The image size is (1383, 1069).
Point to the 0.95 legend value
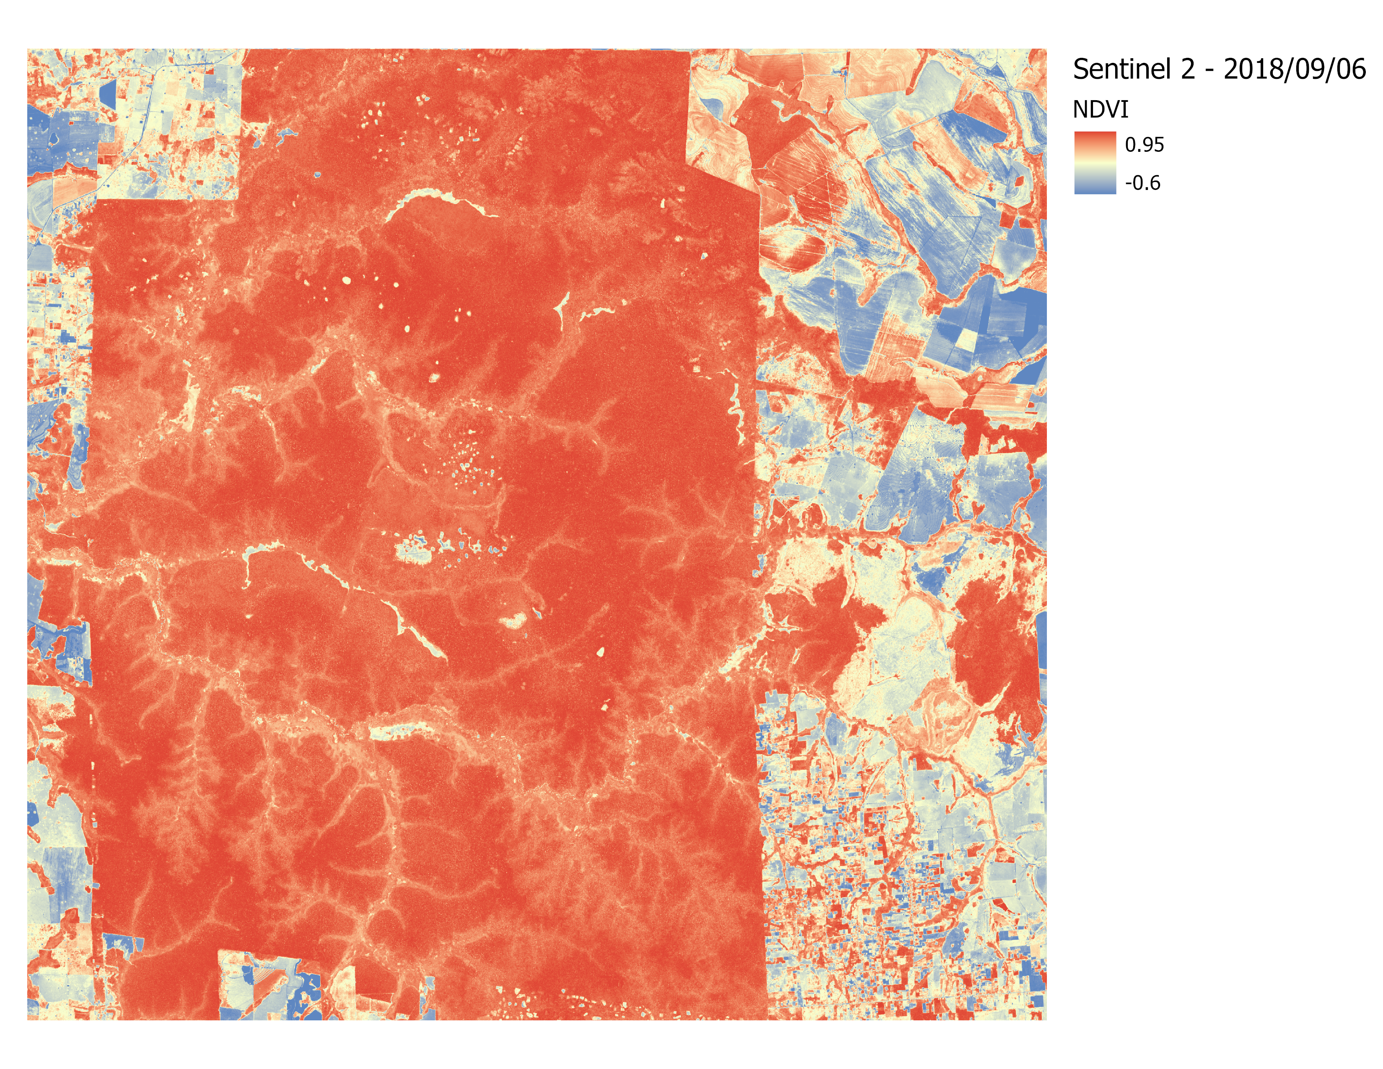click(x=1144, y=145)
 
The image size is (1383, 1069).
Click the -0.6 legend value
click(x=1142, y=184)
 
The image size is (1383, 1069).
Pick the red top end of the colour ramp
click(x=1095, y=137)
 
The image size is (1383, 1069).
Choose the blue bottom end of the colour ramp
click(x=1095, y=189)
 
